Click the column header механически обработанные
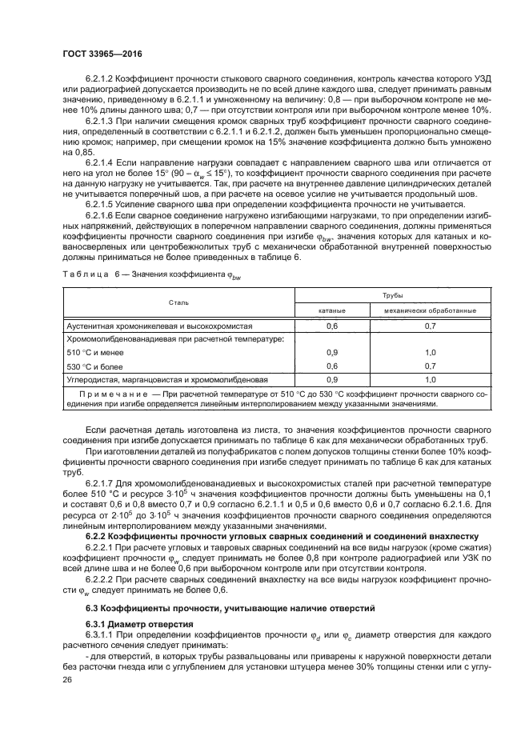430,310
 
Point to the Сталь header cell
178,302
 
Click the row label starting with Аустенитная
159,326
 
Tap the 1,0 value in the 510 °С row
430,352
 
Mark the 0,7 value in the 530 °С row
430,366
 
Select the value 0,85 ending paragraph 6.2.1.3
74,150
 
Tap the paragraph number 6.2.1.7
101,484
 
